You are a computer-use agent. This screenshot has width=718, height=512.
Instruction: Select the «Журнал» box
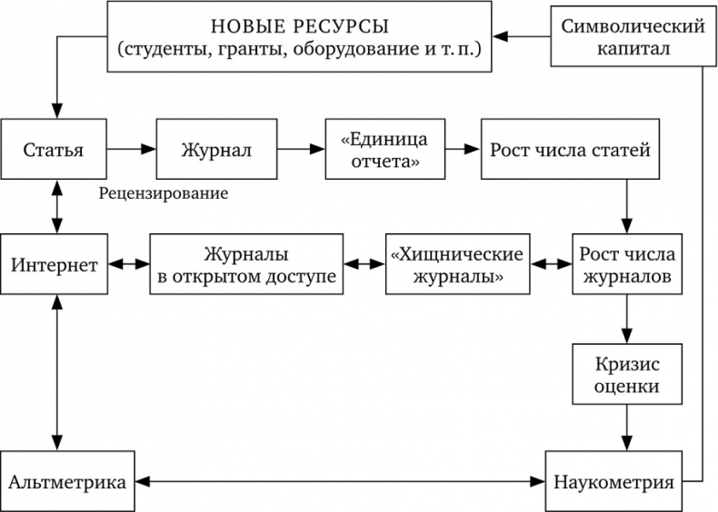click(216, 149)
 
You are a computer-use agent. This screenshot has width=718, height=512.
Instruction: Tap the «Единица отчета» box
click(383, 149)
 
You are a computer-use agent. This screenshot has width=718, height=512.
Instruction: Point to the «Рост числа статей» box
click(570, 149)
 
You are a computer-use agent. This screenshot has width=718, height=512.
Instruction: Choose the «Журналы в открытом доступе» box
click(246, 265)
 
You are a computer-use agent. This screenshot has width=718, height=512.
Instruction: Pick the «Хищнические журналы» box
click(457, 265)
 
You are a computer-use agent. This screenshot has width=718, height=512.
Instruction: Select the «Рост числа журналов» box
click(624, 265)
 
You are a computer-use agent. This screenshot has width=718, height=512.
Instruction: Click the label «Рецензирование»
click(165, 193)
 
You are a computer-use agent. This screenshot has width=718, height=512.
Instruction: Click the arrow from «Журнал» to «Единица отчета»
click(301, 149)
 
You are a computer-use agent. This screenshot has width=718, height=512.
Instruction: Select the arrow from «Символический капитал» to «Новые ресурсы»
click(522, 36)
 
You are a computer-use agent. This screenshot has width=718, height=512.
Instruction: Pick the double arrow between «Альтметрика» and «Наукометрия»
click(340, 480)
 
